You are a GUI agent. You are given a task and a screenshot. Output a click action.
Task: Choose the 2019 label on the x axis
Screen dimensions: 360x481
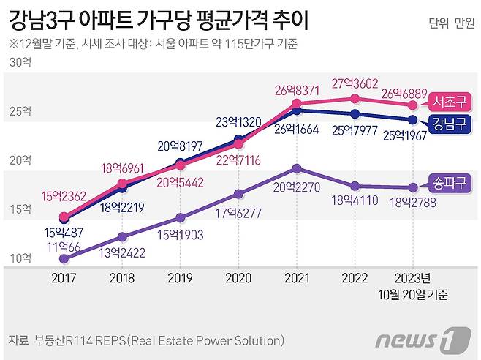coord(180,279)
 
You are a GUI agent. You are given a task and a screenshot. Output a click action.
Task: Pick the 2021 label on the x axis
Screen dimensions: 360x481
coord(296,279)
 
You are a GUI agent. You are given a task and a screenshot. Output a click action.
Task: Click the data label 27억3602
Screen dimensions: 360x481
coord(356,83)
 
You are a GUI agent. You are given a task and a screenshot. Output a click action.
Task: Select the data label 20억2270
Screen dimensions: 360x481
coord(296,186)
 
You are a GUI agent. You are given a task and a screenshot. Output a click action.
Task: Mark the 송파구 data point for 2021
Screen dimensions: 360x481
coord(296,168)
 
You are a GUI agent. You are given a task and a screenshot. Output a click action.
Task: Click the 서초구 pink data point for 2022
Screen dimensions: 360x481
coord(355,99)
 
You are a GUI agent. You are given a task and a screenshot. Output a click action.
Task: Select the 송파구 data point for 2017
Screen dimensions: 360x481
coord(64,258)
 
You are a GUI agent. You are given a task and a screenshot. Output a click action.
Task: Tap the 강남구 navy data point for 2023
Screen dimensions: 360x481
coord(413,119)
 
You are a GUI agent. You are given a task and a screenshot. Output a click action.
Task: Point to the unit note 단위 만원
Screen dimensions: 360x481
coord(450,22)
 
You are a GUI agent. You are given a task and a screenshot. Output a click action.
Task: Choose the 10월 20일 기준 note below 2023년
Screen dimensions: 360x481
coord(413,295)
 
